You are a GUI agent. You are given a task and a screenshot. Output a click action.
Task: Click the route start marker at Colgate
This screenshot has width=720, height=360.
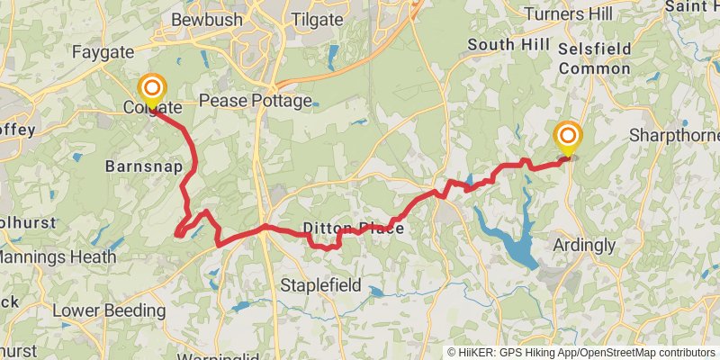click(152, 88)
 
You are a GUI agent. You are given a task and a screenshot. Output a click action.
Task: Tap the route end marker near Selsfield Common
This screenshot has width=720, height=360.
click(568, 137)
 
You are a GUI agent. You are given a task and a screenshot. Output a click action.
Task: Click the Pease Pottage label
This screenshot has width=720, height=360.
click(255, 101)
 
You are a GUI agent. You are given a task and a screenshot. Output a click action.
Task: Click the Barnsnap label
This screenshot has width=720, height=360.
click(144, 167)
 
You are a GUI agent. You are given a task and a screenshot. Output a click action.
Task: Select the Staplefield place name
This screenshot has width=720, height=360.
click(320, 285)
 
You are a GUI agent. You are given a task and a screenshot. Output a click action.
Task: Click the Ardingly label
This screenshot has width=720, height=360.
click(585, 245)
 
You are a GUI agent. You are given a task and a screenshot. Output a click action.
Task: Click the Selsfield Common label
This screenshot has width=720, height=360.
click(594, 57)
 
